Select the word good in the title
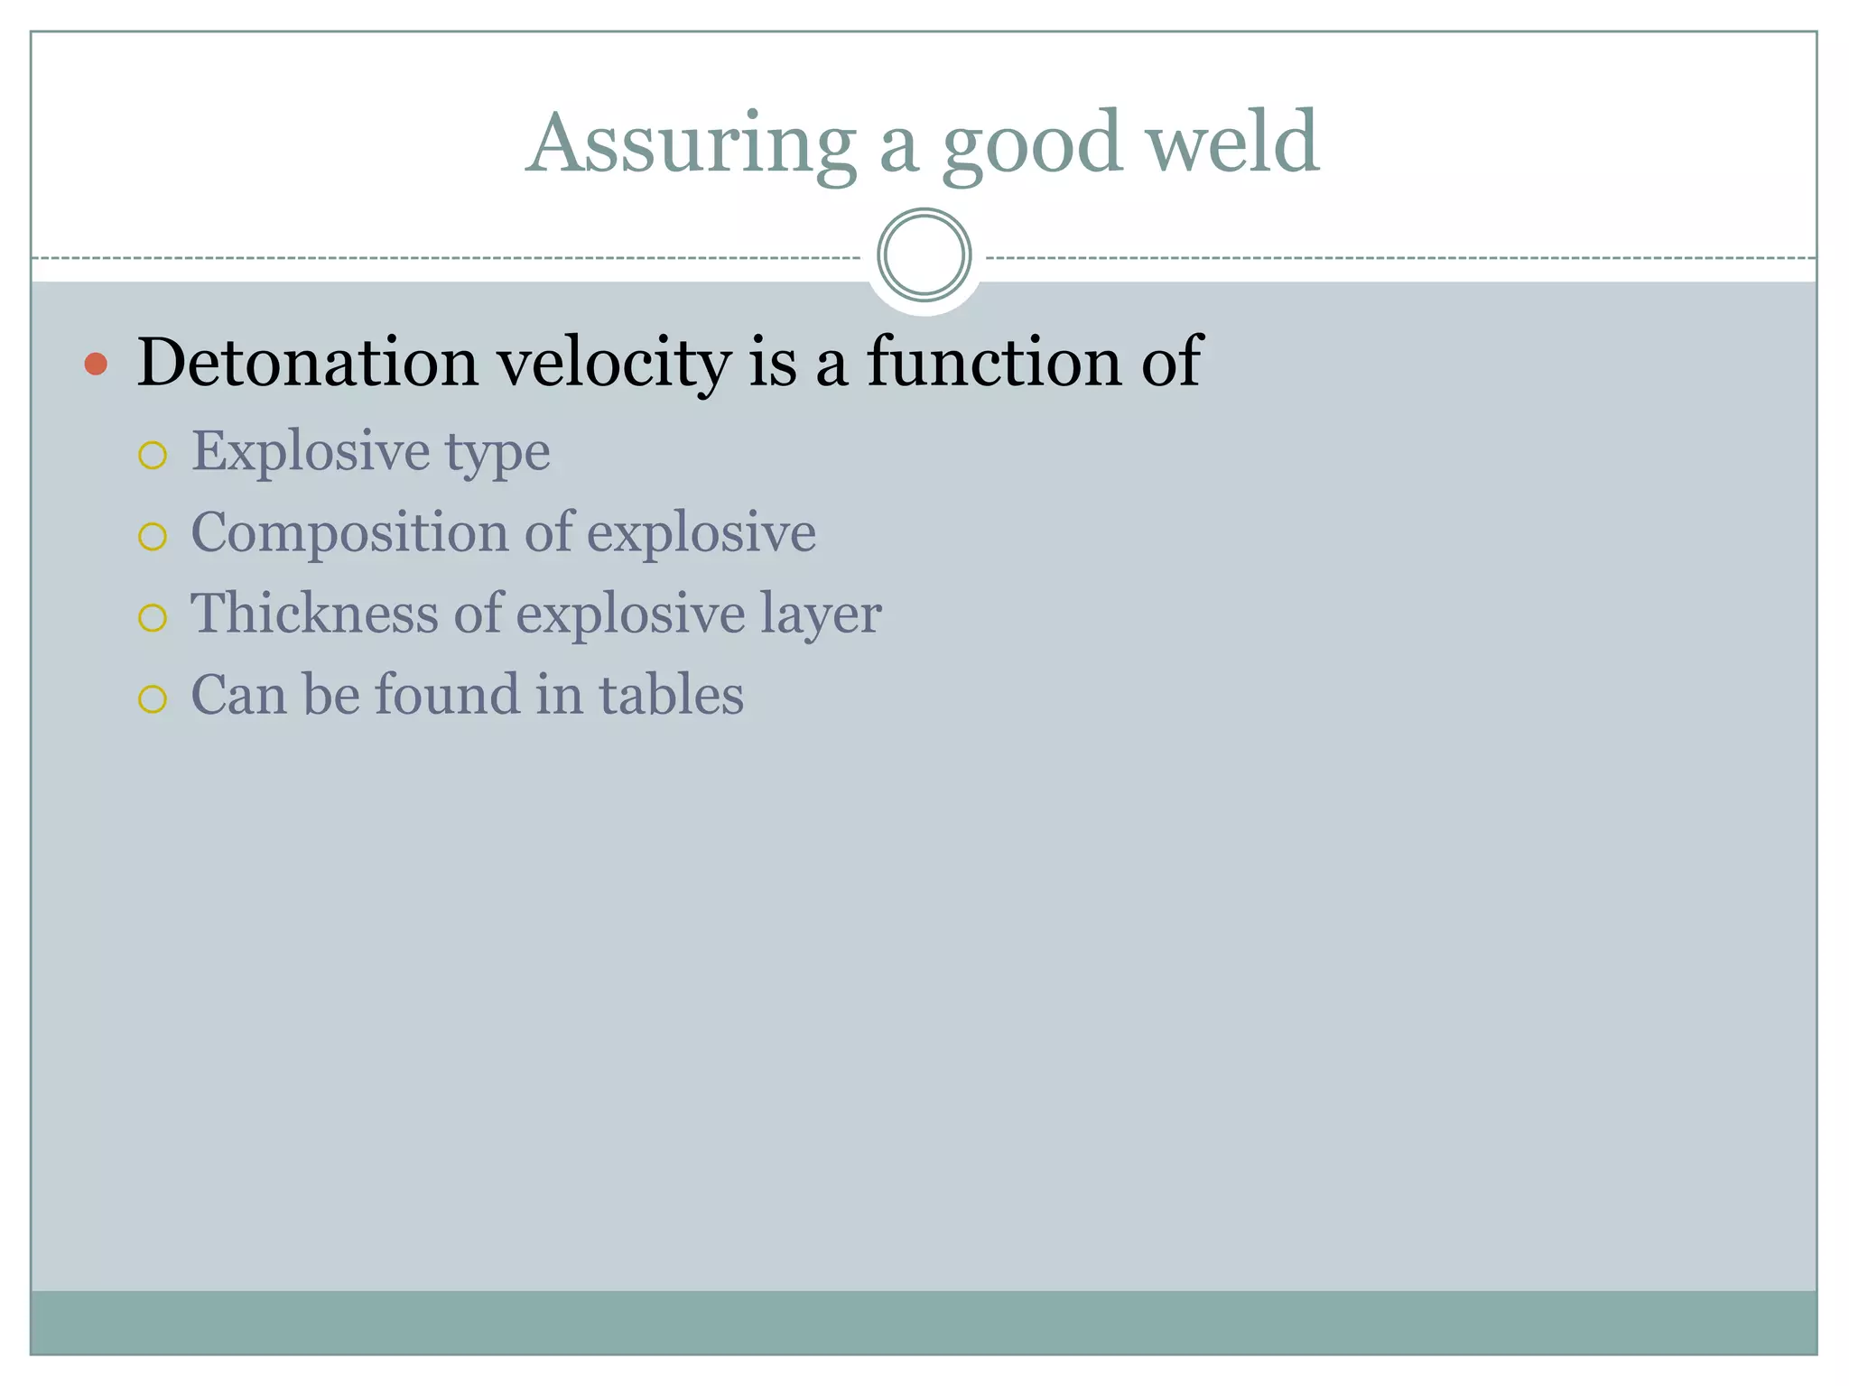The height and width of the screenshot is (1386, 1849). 1031,144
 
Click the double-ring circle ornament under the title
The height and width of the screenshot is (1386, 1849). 924,255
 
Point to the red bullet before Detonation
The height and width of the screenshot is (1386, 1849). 96,365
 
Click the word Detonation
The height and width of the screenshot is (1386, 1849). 307,363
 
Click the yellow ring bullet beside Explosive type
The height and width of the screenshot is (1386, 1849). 153,456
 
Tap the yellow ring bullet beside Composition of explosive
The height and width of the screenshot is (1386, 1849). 153,537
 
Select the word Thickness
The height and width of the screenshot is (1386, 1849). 314,614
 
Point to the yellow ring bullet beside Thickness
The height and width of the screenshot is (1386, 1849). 153,618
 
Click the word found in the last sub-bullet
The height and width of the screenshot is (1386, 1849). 447,695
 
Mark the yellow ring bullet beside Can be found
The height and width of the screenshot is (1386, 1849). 153,699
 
